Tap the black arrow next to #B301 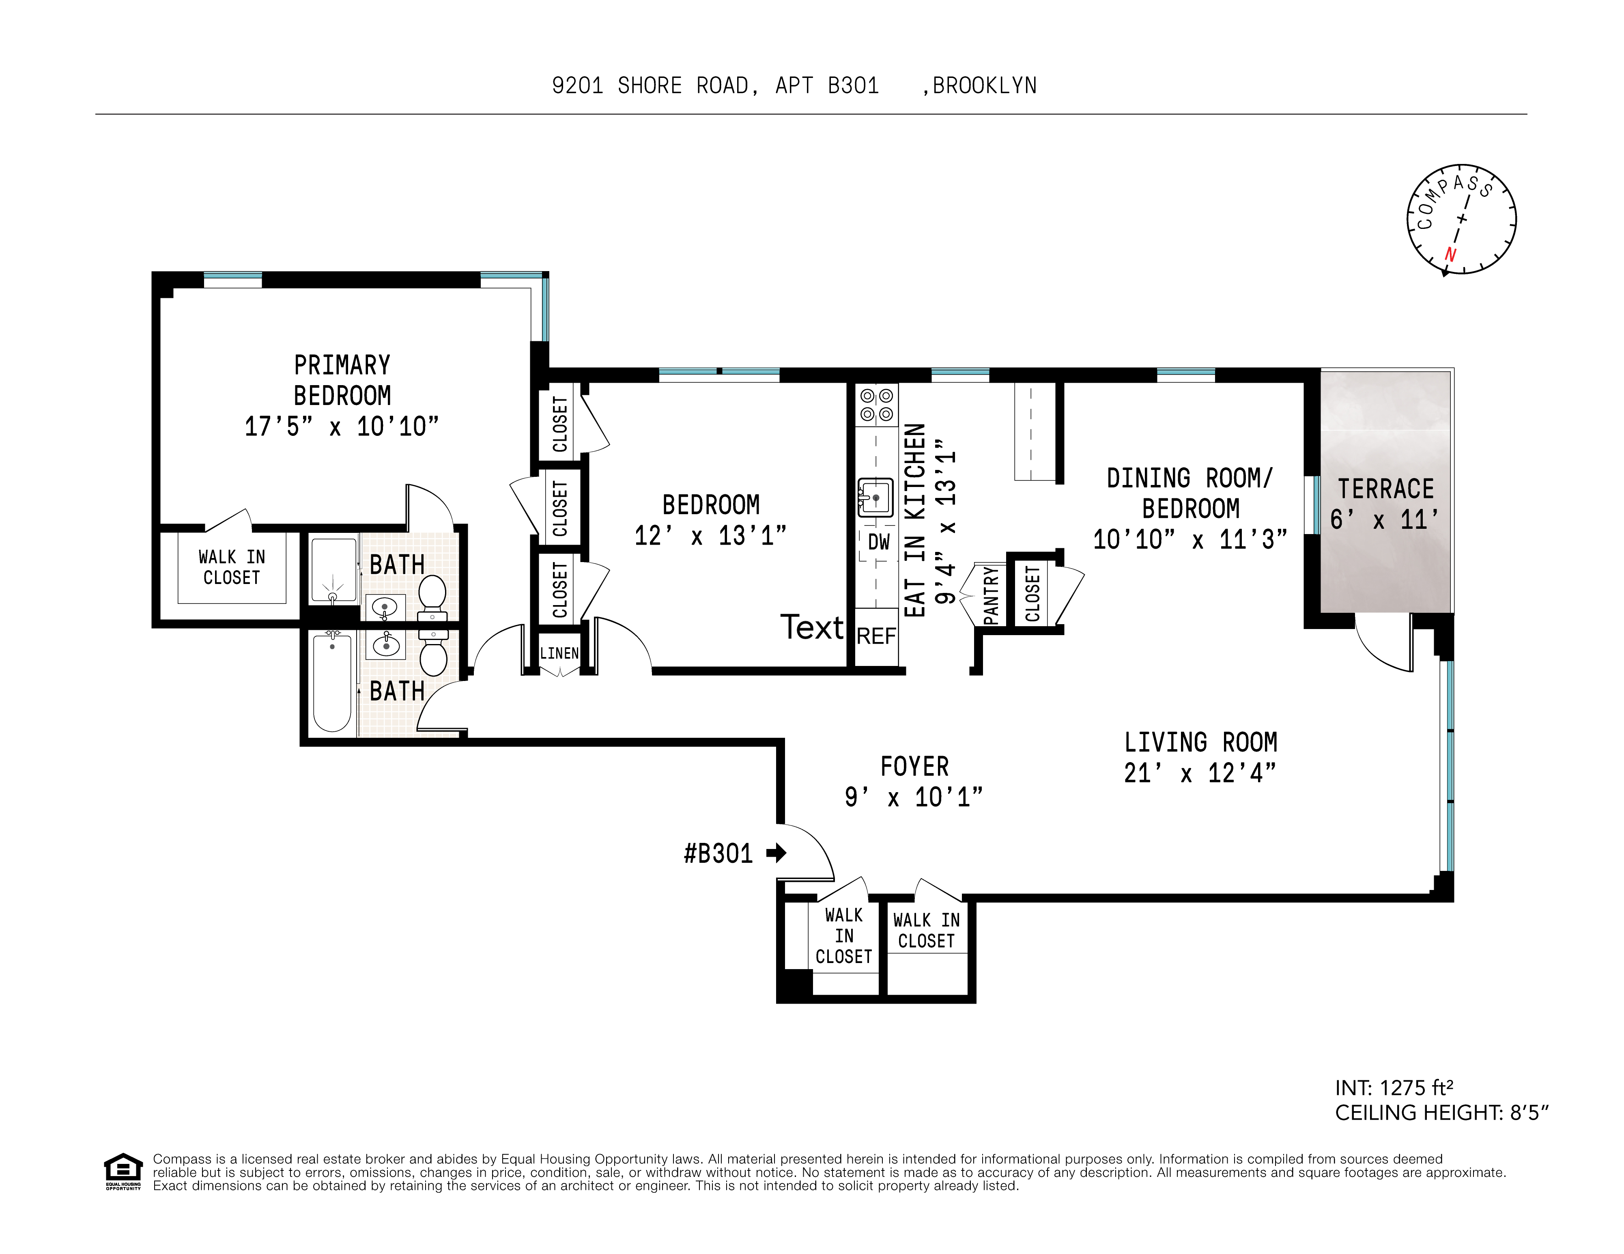(777, 853)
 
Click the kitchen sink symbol (876, 497)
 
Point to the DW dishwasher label (879, 542)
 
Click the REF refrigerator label (877, 637)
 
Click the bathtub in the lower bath (331, 683)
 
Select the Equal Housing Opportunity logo (123, 1172)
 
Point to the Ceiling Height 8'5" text (1441, 1113)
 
